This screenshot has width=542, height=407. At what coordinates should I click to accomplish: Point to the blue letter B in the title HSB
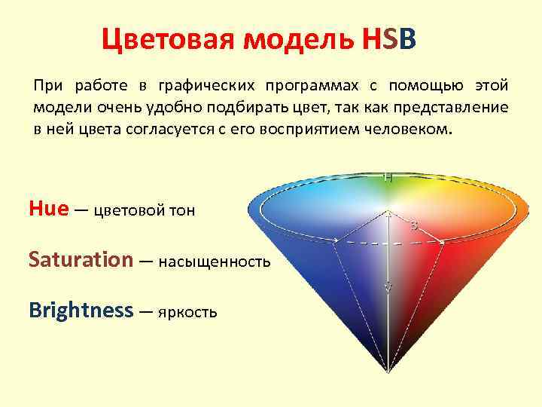pos(406,37)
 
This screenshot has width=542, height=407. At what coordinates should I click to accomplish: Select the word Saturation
pos(81,260)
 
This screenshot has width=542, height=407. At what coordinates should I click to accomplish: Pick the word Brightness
pos(81,310)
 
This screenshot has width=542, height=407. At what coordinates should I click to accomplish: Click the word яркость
pos(187,311)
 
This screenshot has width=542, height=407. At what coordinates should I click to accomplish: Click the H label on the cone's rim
pos(387,179)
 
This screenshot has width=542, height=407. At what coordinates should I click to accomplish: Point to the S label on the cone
pos(414,225)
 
